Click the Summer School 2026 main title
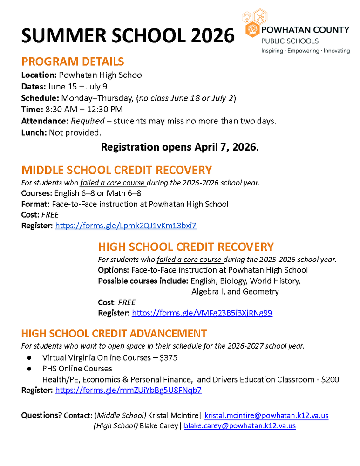click(128, 36)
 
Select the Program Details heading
click(73, 62)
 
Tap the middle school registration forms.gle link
click(126, 226)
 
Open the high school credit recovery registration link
click(202, 313)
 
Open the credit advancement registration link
click(128, 390)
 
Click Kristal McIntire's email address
click(266, 415)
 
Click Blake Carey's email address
click(240, 425)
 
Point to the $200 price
click(330, 379)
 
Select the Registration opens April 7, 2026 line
click(180, 147)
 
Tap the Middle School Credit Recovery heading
click(116, 170)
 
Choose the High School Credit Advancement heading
click(114, 334)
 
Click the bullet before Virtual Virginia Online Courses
click(29, 358)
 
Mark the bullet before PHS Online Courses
click(29, 369)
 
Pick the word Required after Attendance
click(87, 121)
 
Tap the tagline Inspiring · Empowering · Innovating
click(305, 50)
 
